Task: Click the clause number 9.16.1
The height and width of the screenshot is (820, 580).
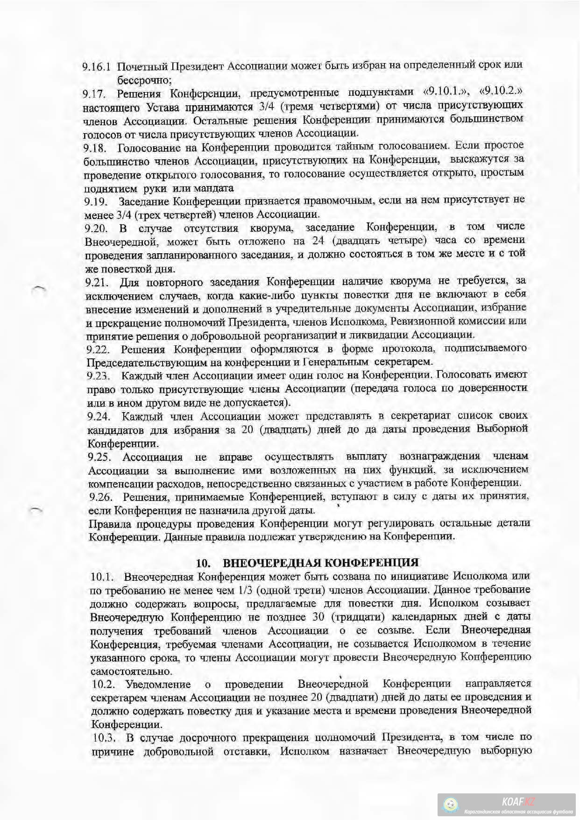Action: tap(97, 66)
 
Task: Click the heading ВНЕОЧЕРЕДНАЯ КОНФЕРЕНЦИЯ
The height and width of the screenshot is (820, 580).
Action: tap(320, 562)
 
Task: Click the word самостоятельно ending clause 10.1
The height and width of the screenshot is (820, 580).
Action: tap(131, 671)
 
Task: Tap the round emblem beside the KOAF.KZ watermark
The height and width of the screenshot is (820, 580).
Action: tap(451, 805)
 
